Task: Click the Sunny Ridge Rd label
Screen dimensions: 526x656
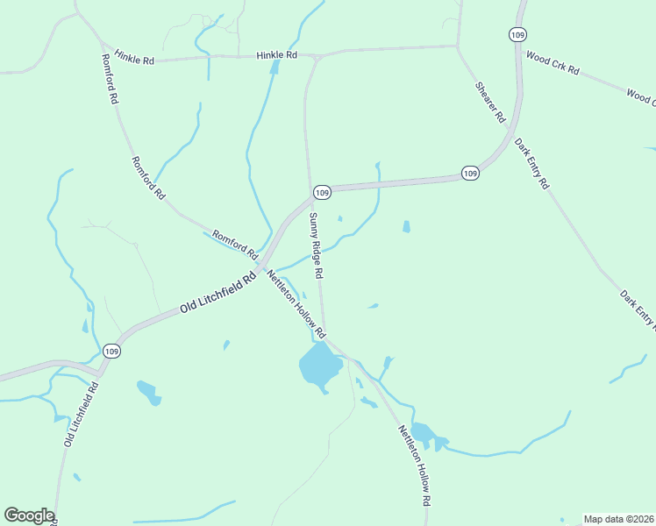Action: point(317,248)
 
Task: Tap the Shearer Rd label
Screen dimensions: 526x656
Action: point(491,102)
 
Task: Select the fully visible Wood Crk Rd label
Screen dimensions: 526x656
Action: point(553,64)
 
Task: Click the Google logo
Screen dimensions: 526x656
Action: point(29,515)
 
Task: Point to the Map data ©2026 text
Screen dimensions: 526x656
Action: point(618,519)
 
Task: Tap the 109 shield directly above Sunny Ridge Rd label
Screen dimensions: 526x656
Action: point(321,192)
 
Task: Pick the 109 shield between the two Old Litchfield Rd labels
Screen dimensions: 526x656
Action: point(111,351)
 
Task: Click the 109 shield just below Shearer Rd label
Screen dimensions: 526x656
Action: point(470,174)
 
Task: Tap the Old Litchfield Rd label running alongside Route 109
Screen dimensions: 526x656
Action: point(217,293)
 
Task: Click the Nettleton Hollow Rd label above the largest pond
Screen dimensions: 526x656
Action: point(296,303)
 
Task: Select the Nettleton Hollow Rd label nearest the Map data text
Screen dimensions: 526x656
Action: point(416,465)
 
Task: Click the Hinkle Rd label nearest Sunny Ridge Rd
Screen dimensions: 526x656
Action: point(277,55)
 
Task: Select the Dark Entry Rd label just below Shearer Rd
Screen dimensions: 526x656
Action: point(531,164)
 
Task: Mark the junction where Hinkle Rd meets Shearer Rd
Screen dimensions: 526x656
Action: point(457,47)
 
